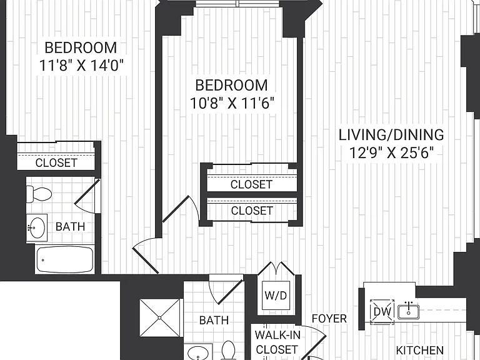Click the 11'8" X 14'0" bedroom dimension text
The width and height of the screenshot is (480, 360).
click(81, 65)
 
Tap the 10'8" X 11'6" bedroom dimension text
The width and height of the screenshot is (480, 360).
click(231, 103)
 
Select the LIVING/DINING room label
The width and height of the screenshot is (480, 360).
click(391, 135)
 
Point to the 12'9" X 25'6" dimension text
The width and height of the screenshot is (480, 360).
click(391, 152)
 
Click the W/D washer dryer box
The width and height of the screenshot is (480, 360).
click(276, 296)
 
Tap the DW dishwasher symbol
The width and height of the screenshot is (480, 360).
click(382, 312)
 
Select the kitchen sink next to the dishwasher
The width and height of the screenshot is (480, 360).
click(408, 311)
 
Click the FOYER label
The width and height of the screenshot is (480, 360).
click(329, 319)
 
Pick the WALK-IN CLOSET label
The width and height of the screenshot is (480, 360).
click(277, 342)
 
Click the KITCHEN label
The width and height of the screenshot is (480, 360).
click(420, 350)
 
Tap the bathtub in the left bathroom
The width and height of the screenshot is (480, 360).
click(64, 260)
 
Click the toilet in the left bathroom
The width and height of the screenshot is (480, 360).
click(39, 194)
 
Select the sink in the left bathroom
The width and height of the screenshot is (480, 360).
click(37, 227)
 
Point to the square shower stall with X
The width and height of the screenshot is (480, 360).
click(160, 318)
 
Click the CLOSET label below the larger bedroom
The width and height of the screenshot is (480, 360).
click(56, 163)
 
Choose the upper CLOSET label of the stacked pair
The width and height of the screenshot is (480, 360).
click(251, 184)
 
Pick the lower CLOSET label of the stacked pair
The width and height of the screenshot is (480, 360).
click(252, 211)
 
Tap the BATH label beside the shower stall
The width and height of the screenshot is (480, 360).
click(214, 320)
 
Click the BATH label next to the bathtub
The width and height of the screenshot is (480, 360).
click(71, 226)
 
